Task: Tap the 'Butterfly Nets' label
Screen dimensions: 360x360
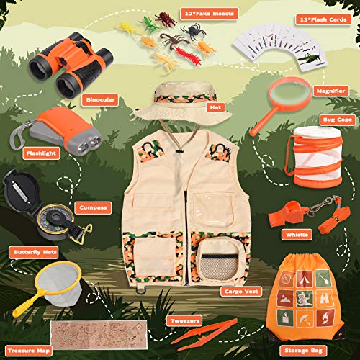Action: [30, 252]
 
